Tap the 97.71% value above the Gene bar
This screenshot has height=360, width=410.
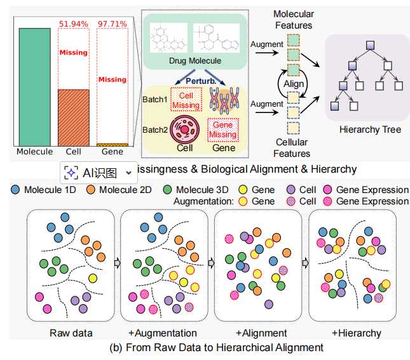pos(113,24)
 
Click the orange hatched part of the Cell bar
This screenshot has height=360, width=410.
pos(74,117)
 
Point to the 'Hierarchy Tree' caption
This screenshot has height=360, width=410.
pos(369,130)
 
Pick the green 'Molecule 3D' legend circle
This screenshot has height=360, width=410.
pos(168,189)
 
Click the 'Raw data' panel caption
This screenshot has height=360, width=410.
pos(71,333)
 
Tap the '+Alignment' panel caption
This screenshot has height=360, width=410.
pos(261,333)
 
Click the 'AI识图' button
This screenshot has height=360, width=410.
pos(99,172)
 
